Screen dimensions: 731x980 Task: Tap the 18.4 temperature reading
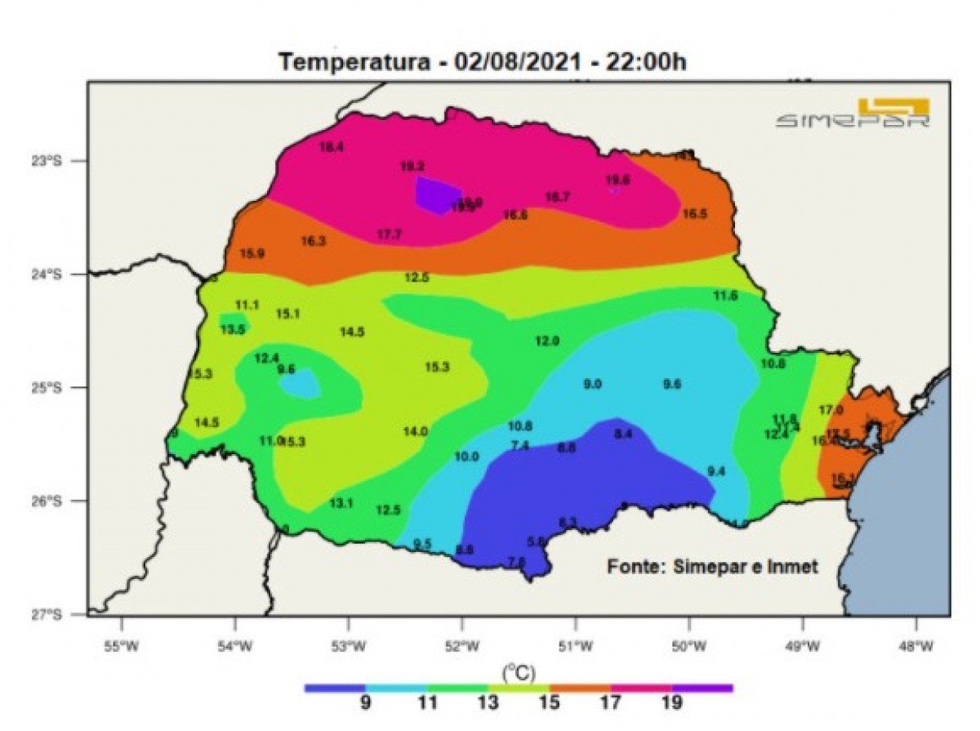pyautogui.click(x=332, y=148)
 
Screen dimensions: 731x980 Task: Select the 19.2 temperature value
pyautogui.click(x=412, y=166)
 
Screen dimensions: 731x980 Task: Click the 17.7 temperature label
pyautogui.click(x=390, y=234)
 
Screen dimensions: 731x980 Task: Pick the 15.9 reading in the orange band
pyautogui.click(x=252, y=253)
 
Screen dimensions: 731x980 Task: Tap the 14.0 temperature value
pyautogui.click(x=415, y=431)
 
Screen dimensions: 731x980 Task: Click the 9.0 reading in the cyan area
pyautogui.click(x=592, y=384)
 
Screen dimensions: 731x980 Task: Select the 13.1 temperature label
pyautogui.click(x=341, y=503)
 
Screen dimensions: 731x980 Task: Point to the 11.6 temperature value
pyautogui.click(x=725, y=296)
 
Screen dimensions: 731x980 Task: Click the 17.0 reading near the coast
pyautogui.click(x=831, y=409)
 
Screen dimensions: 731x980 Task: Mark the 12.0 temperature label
pyautogui.click(x=547, y=341)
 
